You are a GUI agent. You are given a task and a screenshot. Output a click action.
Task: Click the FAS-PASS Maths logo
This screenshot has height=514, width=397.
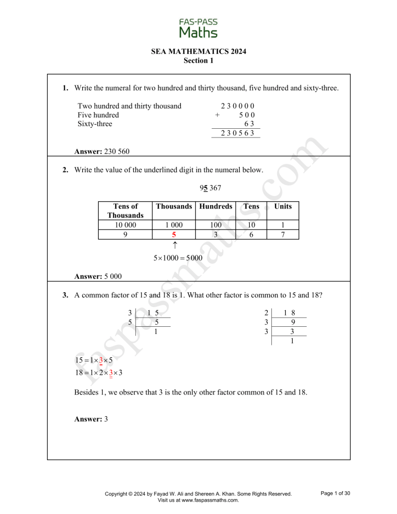[x=198, y=28]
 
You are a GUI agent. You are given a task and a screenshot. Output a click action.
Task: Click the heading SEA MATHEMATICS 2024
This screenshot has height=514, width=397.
[x=198, y=52]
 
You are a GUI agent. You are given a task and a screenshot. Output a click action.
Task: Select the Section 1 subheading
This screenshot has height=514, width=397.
[x=198, y=61]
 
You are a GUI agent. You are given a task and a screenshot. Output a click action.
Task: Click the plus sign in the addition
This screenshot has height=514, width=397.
[x=218, y=115]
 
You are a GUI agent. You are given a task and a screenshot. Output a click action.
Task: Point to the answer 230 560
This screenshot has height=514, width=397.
[x=102, y=152]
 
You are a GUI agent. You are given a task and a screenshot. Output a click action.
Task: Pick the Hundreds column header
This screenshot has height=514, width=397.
[x=216, y=206]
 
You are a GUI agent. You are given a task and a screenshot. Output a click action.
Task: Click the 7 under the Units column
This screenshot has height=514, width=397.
[x=283, y=234]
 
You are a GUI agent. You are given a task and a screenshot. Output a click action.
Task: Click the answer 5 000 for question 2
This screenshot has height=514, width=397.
[x=98, y=276]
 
